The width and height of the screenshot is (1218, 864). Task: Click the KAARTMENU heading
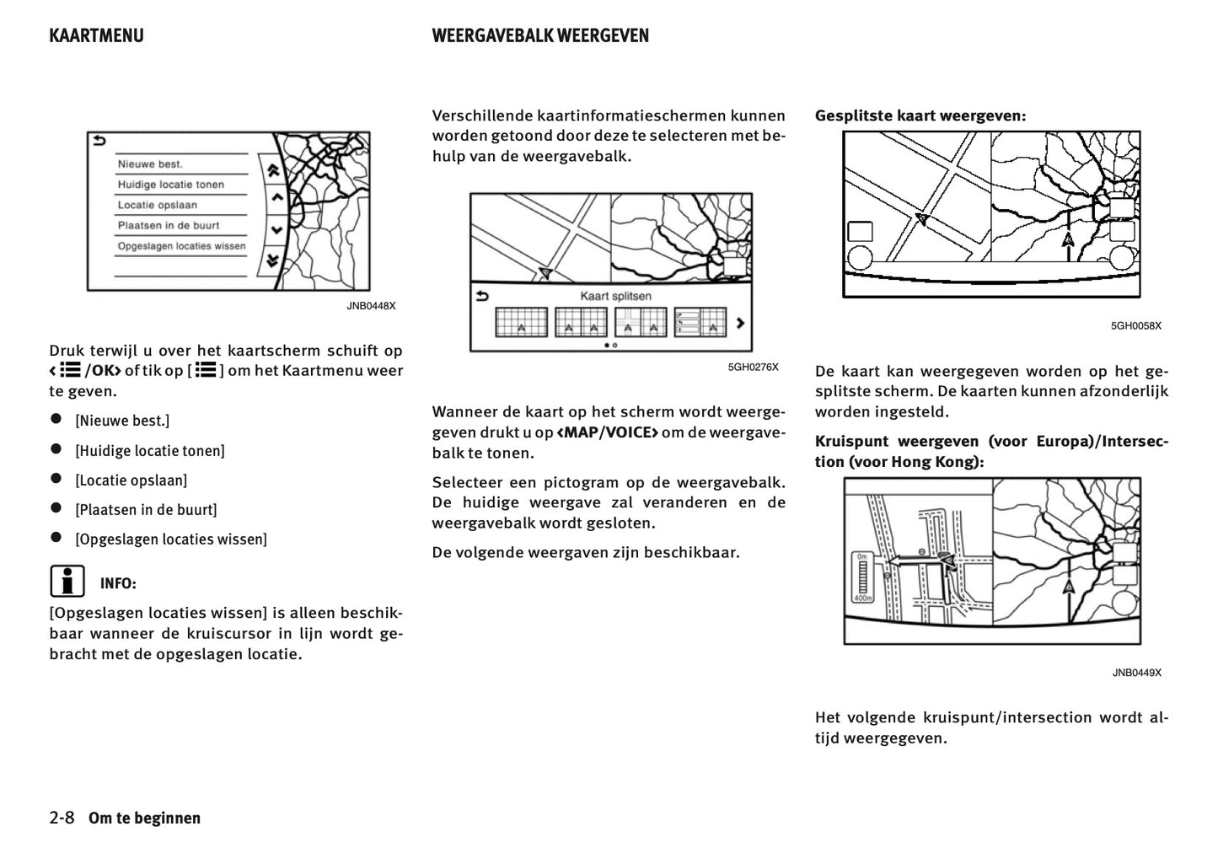96,35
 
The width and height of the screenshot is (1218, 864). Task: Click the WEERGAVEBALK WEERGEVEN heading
539,35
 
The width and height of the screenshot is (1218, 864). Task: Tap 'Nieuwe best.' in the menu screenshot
150,164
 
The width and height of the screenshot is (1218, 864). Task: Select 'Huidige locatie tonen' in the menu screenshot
170,185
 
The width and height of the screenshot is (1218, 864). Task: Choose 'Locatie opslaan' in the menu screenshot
157,205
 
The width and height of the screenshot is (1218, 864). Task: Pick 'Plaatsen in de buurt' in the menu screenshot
168,226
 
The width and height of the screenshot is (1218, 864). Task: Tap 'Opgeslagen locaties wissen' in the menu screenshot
181,246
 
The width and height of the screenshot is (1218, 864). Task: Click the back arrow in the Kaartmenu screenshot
100,142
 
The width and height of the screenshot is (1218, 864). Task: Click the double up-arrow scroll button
273,169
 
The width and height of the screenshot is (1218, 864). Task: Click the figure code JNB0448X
371,306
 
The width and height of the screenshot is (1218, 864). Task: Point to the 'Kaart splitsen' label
615,297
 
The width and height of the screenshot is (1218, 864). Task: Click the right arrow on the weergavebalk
740,323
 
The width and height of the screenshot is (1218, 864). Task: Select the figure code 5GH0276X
754,367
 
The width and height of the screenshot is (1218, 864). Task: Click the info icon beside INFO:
67,582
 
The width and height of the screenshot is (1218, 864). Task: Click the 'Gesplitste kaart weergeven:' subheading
920,115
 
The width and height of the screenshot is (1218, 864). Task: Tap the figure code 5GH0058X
1135,325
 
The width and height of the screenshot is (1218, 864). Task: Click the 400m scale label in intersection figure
861,598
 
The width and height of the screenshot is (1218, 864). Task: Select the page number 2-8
62,818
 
